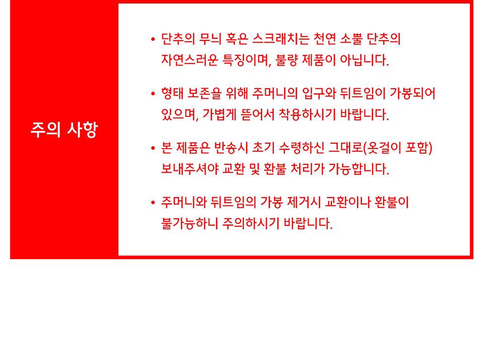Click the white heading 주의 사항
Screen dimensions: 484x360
point(64,130)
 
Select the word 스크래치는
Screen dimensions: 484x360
point(281,39)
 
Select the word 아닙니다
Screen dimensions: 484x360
point(364,60)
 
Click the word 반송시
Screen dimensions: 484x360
point(231,148)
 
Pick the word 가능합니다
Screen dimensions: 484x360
point(358,169)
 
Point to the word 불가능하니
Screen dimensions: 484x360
point(190,223)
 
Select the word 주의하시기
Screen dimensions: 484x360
point(251,223)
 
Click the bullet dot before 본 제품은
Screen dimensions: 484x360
point(153,149)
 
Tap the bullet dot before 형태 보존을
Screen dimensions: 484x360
point(153,94)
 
